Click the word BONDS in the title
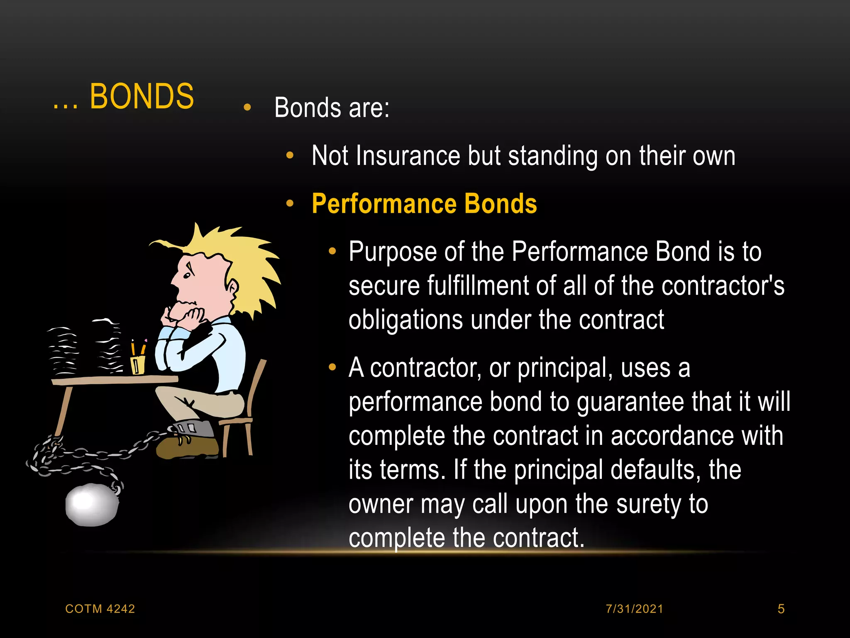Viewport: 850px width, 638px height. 142,96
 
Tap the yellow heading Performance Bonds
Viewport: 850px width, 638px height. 424,204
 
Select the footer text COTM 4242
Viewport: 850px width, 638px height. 100,609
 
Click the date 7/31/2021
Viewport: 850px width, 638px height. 634,609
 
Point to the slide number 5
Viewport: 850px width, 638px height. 781,609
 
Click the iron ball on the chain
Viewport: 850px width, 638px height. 92,504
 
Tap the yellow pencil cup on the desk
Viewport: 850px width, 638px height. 138,364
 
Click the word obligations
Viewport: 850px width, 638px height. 405,320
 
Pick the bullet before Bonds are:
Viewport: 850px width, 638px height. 247,108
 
